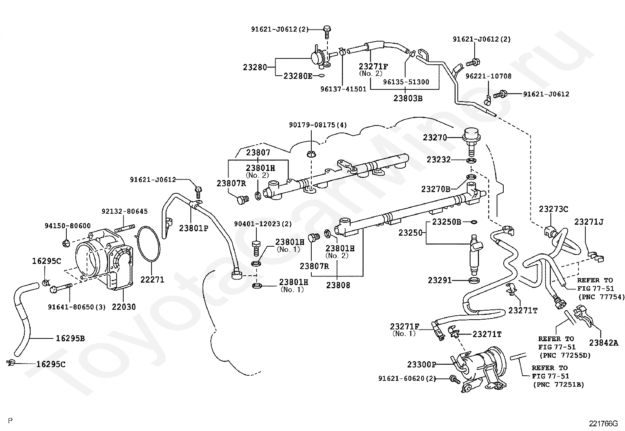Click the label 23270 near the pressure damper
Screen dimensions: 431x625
[435, 138]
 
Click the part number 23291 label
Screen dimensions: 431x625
[440, 280]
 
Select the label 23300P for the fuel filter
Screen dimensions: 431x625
[421, 365]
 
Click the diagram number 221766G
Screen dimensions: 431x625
[603, 424]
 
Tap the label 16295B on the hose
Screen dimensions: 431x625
[70, 338]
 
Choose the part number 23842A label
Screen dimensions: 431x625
[603, 343]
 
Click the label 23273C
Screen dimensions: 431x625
[553, 209]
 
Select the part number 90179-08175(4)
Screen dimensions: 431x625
[318, 125]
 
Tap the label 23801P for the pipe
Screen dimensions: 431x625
[194, 228]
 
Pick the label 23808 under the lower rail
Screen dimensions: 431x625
[338, 285]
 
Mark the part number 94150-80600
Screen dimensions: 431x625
[67, 226]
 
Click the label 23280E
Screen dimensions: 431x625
[298, 76]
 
